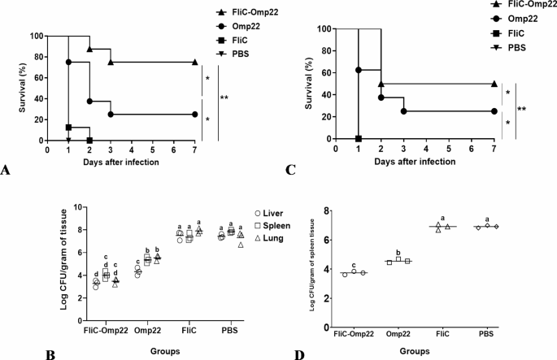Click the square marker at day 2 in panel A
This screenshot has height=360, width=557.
click(89, 140)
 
